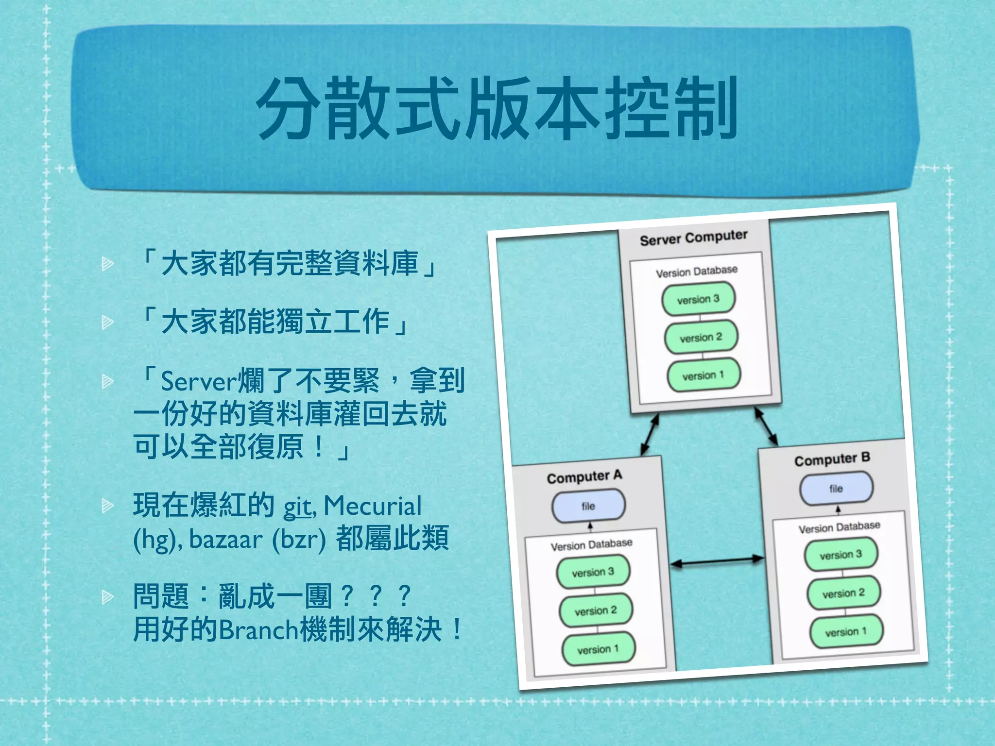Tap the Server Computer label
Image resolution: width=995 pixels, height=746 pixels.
[693, 238]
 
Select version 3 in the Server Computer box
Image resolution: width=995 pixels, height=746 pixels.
[698, 299]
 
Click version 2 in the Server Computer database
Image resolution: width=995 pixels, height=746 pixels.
[701, 337]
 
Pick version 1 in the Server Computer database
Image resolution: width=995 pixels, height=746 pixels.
[703, 375]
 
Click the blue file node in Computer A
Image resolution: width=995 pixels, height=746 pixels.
[588, 506]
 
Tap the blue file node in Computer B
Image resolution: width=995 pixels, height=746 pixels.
[836, 488]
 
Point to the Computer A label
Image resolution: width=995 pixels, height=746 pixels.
[584, 477]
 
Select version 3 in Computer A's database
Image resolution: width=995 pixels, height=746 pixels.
[593, 572]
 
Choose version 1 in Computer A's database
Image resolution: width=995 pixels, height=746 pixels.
[598, 649]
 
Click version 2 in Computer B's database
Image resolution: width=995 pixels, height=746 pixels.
[843, 593]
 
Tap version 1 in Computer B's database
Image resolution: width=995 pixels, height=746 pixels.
[846, 632]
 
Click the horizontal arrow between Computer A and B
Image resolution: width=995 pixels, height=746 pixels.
[717, 561]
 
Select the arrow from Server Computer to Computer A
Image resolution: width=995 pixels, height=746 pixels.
[650, 434]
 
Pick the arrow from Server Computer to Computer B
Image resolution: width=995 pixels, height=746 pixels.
[766, 426]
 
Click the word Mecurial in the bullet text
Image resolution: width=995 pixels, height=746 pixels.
[373, 506]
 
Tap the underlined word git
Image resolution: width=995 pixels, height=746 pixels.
[297, 507]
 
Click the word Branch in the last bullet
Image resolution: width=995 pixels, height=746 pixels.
[258, 630]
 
